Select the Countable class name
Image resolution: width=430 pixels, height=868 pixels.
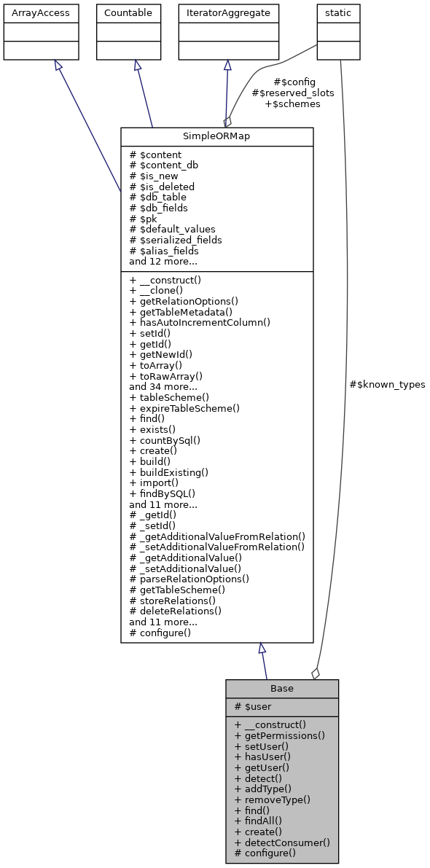129,13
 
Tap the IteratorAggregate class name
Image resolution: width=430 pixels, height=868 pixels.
228,13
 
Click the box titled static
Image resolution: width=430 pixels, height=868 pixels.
337,13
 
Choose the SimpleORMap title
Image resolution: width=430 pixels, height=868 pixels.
216,137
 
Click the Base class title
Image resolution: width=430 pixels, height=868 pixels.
281,689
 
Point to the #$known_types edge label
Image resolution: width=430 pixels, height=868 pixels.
387,384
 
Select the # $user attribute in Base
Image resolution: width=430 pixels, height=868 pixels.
254,707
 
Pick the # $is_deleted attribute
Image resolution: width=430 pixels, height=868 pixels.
162,187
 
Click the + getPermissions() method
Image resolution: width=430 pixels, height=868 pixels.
279,736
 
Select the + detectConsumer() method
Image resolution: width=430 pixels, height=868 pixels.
282,842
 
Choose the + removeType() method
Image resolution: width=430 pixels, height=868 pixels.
273,799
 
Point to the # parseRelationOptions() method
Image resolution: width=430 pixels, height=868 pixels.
189,579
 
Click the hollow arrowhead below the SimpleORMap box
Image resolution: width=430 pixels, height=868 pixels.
262,649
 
